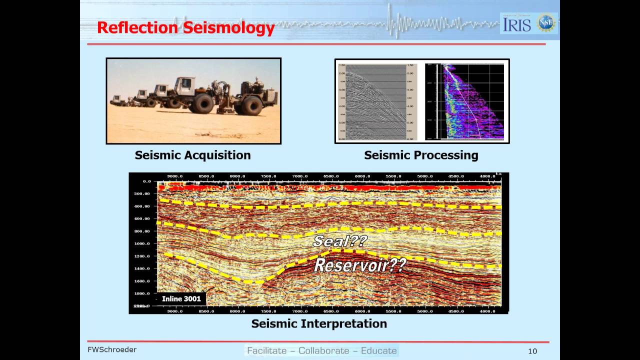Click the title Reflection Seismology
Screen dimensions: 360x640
(x=185, y=27)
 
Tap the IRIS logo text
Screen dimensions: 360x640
(x=517, y=24)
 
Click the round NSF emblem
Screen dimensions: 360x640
(x=546, y=23)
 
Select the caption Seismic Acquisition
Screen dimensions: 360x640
(x=192, y=155)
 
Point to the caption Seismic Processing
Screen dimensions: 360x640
(x=421, y=155)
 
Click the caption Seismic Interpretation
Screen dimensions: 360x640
(x=319, y=323)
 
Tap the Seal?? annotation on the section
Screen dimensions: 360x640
(x=340, y=241)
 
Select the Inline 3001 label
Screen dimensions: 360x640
(x=181, y=298)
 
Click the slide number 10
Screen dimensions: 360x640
(x=532, y=351)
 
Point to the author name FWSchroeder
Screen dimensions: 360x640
(x=112, y=349)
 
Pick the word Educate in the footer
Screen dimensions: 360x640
(x=378, y=350)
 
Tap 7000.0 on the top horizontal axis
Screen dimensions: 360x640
(x=300, y=176)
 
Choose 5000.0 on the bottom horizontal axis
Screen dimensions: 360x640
(x=425, y=310)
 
